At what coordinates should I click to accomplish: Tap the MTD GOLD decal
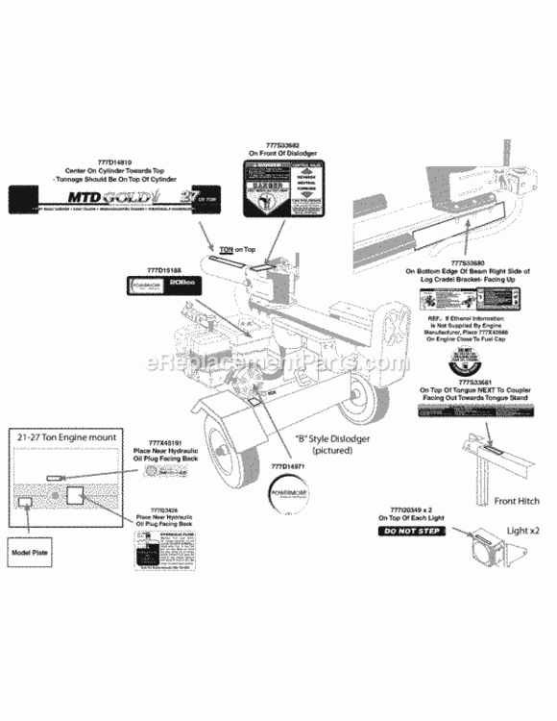tap(127, 199)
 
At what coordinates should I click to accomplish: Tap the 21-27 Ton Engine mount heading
tap(67, 436)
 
